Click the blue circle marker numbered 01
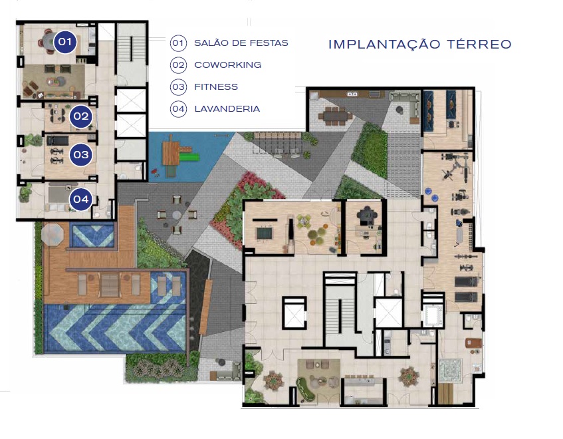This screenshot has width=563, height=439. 64,43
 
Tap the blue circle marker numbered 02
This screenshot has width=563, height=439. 81,118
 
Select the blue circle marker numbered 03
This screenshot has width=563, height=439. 81,154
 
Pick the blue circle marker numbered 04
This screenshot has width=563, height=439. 81,198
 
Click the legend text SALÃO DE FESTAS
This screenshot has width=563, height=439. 241,43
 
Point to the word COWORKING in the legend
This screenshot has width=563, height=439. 227,65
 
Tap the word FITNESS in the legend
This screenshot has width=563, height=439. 215,87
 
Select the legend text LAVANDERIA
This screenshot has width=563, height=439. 226,108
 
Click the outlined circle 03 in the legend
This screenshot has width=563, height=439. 178,87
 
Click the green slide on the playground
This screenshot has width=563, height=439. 190,158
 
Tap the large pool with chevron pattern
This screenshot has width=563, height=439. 114,328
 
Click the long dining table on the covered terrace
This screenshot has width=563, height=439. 334,116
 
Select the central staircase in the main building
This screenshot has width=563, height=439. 341,309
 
